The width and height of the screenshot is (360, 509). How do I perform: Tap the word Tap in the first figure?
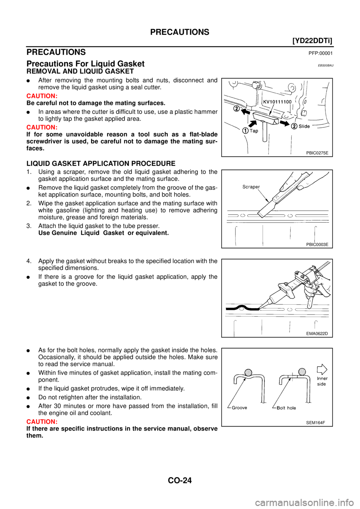tap(254, 131)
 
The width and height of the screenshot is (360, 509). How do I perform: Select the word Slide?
tap(304, 126)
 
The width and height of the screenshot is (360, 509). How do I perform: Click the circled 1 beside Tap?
tap(245, 131)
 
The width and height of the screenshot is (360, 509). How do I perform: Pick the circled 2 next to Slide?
tap(294, 126)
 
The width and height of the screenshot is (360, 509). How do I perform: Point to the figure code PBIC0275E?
tap(317, 153)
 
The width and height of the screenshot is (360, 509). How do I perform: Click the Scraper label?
tap(251, 187)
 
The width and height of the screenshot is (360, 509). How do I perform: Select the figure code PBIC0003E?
tap(317, 244)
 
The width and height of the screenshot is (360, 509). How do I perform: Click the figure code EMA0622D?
tap(317, 334)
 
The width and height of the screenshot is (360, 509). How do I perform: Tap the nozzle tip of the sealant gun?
tap(259, 309)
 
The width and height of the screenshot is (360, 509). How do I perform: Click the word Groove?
tap(239, 408)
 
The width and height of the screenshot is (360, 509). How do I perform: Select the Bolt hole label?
tap(286, 408)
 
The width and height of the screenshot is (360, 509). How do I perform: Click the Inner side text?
tap(322, 381)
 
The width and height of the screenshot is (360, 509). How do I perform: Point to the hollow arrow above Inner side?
tap(322, 369)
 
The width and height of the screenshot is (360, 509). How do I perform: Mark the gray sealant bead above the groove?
tap(248, 372)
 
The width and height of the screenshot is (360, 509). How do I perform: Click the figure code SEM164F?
tap(315, 422)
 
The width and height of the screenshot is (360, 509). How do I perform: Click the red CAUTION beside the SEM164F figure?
tap(42, 422)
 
